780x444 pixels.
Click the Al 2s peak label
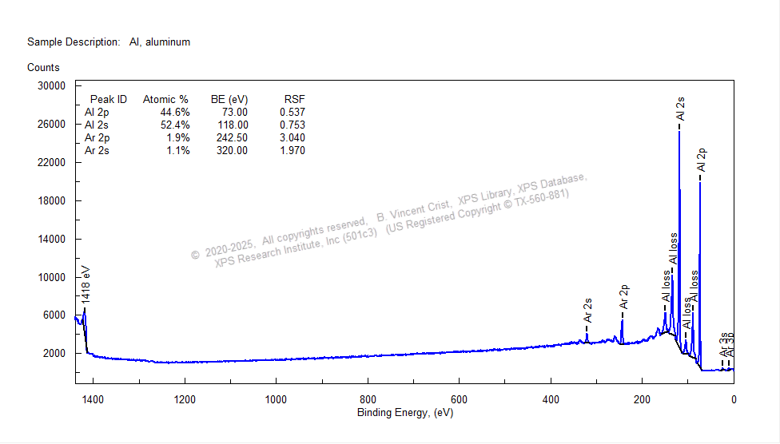[x=680, y=109]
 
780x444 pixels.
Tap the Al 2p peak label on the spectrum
[x=702, y=160]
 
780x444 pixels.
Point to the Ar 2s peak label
[x=587, y=310]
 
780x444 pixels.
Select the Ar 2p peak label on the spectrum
[x=624, y=297]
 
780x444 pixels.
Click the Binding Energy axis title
[x=404, y=412]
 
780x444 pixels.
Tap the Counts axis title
[x=43, y=68]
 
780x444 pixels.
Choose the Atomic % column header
[x=165, y=100]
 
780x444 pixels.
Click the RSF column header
[x=294, y=100]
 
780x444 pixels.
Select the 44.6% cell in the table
[x=175, y=113]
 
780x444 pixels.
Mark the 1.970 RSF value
[x=292, y=151]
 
